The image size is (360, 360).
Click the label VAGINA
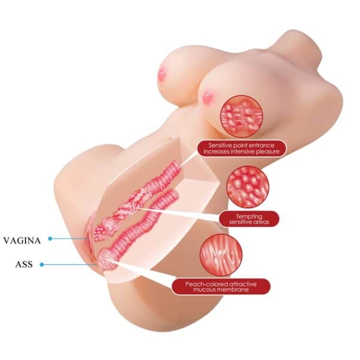[x=22, y=241]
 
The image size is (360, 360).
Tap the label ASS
[x=24, y=265]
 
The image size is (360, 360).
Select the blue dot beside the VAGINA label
[x=50, y=239]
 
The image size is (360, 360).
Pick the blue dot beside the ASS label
[x=41, y=265]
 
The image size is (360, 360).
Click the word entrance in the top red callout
[x=261, y=145]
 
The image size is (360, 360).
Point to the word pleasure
[x=265, y=152]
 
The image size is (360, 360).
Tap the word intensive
[x=240, y=152]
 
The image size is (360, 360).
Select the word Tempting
[x=249, y=216]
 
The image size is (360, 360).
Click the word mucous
[x=203, y=290]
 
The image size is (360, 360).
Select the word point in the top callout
[x=240, y=145]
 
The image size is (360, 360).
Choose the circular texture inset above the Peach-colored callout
[x=221, y=254]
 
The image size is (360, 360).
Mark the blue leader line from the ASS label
[x=70, y=265]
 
